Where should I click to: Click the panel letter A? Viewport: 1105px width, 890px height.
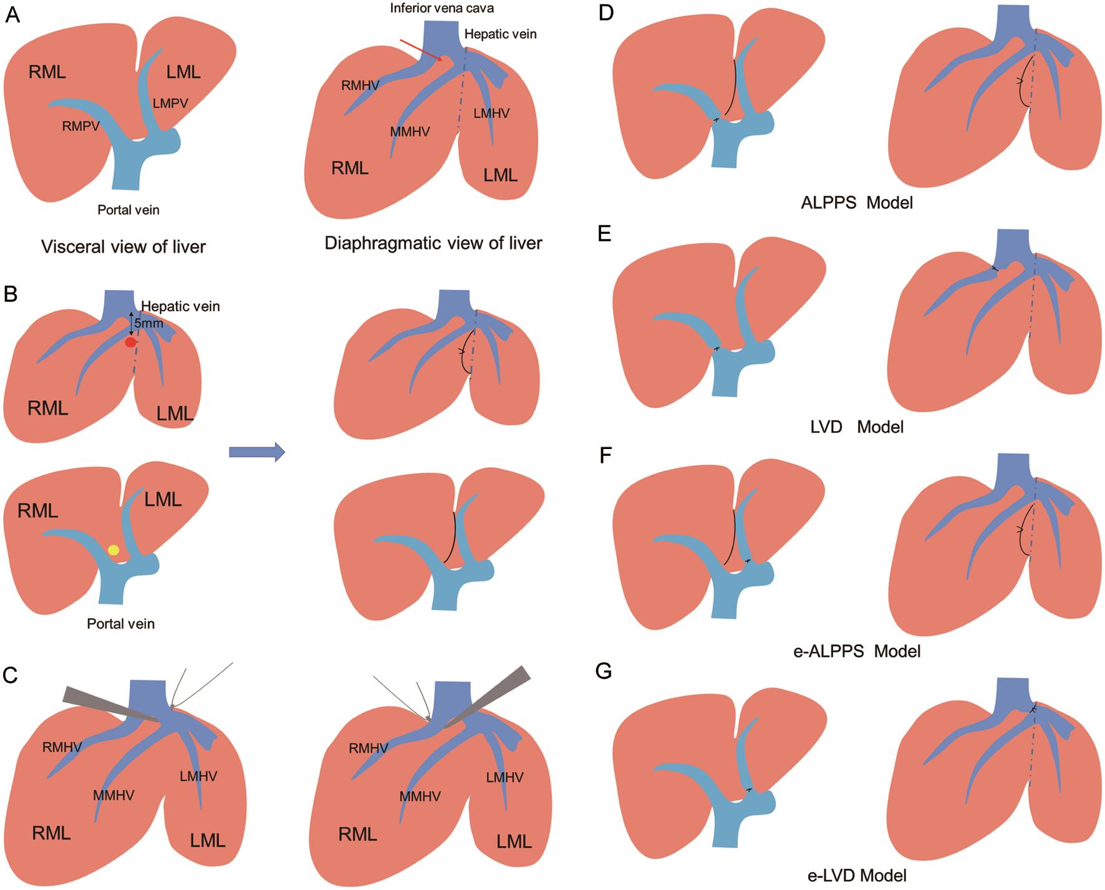(12, 15)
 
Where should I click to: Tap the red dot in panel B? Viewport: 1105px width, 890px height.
(130, 342)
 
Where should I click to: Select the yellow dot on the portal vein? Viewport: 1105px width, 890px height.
(113, 549)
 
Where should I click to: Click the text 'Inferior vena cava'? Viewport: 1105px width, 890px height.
(442, 9)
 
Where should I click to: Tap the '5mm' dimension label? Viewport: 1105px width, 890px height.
(148, 324)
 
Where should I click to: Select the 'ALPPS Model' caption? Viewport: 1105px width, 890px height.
(856, 203)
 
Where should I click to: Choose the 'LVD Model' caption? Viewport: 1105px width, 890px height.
(857, 427)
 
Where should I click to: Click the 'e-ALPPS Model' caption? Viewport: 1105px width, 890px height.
(856, 652)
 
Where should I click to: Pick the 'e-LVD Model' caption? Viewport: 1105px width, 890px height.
(857, 875)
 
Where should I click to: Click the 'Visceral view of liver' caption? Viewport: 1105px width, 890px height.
(123, 247)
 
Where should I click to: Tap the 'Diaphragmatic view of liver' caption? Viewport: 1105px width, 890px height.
(433, 243)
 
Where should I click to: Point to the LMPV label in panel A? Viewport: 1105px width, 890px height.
(170, 103)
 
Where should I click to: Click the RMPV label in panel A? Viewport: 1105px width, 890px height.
(80, 127)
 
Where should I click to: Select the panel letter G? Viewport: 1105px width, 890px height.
(604, 672)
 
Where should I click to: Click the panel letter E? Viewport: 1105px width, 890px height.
(604, 235)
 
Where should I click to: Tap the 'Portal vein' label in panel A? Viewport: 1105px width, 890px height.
(128, 210)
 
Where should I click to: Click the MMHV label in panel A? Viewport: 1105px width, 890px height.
(410, 132)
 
